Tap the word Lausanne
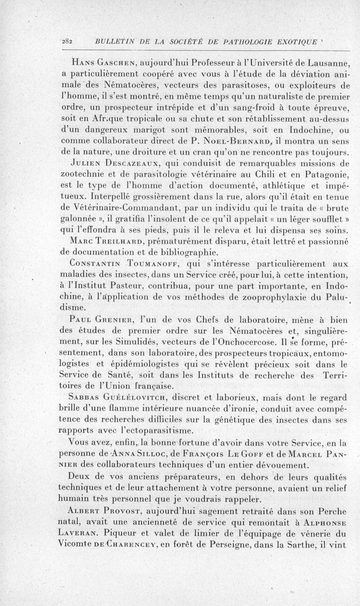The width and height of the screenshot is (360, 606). [325, 62]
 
